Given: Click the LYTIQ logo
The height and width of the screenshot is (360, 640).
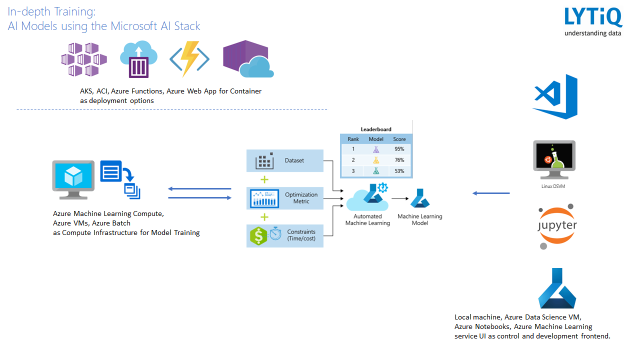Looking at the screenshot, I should [x=593, y=21].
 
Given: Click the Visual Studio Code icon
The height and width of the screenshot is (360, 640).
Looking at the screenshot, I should [x=555, y=96].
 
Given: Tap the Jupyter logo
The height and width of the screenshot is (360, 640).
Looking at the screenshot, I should [x=557, y=226].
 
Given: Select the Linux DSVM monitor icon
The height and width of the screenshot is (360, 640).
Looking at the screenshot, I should [x=554, y=159].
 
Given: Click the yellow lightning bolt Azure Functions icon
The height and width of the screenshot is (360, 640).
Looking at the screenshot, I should [x=189, y=59].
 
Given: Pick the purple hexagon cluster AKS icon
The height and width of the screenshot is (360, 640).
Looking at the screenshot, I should [x=83, y=59].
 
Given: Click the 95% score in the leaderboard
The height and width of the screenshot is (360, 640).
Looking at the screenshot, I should [x=399, y=149].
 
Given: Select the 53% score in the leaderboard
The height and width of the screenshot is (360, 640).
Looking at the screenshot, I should [x=399, y=171].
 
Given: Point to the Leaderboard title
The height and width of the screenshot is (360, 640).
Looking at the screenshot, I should [x=376, y=129].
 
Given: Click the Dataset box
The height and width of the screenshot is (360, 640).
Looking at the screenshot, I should [x=285, y=160].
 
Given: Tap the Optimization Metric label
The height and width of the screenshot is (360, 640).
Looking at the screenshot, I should [x=301, y=198].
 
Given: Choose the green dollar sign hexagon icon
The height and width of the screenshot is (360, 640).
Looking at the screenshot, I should [x=258, y=235].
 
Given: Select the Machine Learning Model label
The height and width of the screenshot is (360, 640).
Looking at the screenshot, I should [x=420, y=219].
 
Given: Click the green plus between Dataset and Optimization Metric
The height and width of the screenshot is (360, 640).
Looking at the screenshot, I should [x=264, y=179].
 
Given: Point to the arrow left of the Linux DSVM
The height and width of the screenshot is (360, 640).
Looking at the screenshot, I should [x=491, y=193].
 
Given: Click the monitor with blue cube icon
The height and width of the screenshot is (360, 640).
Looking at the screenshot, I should [x=73, y=178].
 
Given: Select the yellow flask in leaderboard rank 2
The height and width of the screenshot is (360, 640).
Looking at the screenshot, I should [x=375, y=160].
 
